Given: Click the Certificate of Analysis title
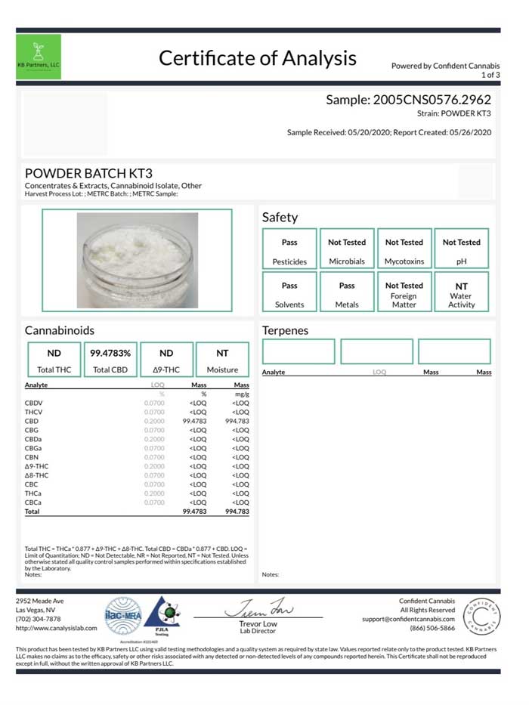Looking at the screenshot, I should coord(257,58).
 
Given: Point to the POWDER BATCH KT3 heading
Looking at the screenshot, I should coord(89,173).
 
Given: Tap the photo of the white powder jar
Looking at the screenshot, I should coord(137,259).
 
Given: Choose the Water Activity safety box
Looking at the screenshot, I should coord(461,293).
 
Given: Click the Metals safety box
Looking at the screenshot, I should coord(347,293).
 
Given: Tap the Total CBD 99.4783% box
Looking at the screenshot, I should coord(110,360).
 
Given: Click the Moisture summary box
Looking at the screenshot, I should coord(222,360).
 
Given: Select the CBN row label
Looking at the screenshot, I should coord(32,457).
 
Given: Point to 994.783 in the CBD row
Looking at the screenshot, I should coord(237,421).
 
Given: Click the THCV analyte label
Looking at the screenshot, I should coord(34,412).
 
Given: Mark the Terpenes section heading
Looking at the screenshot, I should coord(285,330).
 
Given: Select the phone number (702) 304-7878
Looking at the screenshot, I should coord(39,619).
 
